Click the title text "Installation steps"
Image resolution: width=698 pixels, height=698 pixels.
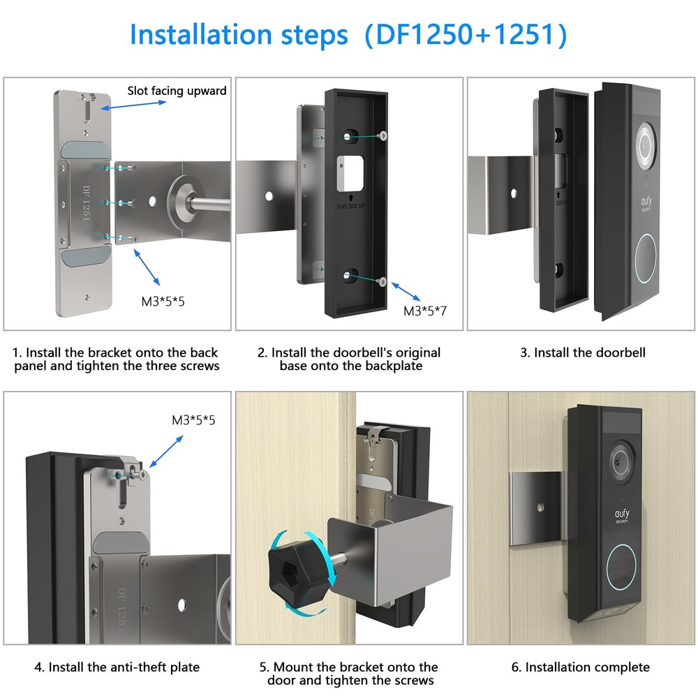[238, 35]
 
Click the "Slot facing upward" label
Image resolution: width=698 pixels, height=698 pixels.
[177, 91]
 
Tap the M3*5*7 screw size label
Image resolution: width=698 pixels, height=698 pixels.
[424, 311]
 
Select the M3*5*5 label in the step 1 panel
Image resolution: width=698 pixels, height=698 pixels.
[163, 302]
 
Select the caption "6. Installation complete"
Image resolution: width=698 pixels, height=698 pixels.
[581, 667]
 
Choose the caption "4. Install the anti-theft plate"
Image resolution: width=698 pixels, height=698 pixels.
[117, 667]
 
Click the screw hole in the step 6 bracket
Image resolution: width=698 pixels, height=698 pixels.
[540, 503]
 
